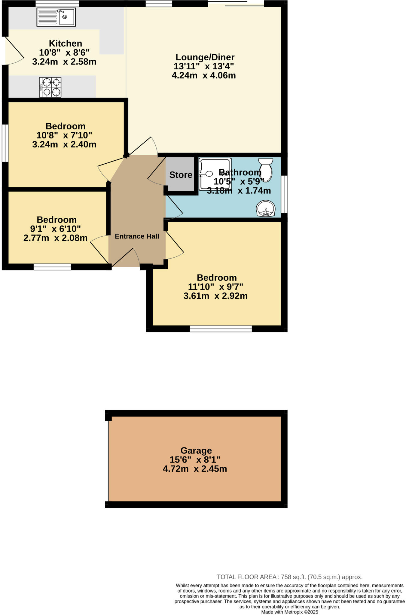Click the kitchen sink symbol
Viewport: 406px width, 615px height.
(56, 17)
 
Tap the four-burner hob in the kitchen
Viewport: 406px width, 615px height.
(50, 87)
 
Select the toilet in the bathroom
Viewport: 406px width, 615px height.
(266, 170)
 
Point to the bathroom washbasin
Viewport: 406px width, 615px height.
(266, 208)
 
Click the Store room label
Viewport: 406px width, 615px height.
(181, 175)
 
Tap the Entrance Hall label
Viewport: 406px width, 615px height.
(137, 236)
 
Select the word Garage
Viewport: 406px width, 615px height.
(196, 450)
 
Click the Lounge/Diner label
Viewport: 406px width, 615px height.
(205, 57)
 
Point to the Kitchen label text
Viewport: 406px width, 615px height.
(65, 43)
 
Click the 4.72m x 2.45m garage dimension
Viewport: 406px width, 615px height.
(195, 469)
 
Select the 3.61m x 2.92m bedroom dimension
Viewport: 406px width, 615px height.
(215, 296)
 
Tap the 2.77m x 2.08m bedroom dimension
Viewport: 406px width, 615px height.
(55, 238)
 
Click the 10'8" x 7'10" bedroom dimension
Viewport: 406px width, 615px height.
(64, 135)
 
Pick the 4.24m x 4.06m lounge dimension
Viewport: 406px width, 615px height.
(203, 75)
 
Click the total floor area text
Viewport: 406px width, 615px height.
(289, 577)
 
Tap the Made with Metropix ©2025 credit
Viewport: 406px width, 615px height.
(289, 612)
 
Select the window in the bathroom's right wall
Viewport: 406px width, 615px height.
(284, 194)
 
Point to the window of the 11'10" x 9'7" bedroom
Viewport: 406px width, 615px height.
(221, 329)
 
